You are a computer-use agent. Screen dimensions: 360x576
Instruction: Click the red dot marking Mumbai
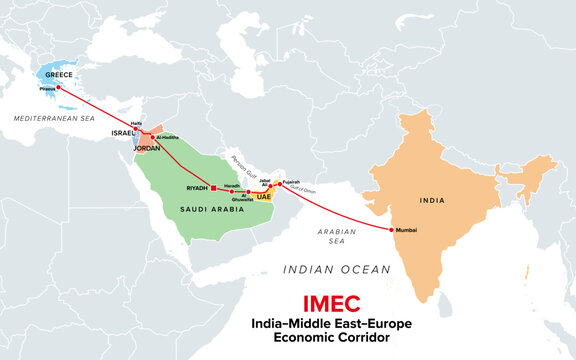coord(390,230)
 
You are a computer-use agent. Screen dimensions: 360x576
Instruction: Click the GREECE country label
coord(54,73)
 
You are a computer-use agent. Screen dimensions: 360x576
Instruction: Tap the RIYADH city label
coord(197,188)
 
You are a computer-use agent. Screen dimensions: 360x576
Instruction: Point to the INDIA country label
coord(432,198)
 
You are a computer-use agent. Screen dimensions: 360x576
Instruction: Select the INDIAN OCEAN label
coord(335,269)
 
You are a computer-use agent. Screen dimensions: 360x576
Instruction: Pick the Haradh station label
coord(230,184)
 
